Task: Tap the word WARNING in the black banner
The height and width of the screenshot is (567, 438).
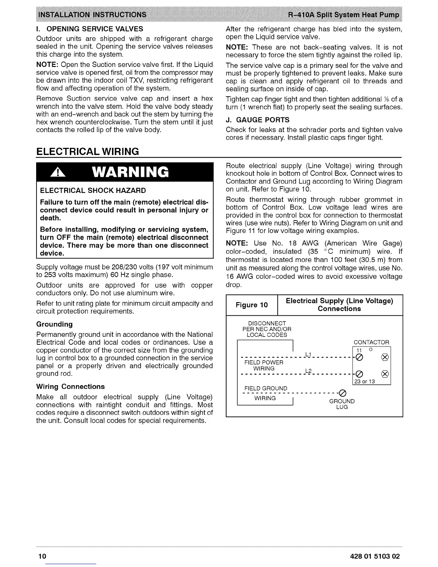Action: (129, 173)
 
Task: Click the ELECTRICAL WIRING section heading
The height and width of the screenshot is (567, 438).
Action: (87, 151)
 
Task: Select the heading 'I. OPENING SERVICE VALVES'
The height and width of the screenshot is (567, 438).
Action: (89, 29)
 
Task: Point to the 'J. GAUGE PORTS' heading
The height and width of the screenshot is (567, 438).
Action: (258, 120)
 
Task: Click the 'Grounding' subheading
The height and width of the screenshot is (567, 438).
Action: (54, 324)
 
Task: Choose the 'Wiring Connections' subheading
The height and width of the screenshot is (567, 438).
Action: (70, 387)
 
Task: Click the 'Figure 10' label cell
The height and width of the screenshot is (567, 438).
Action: (252, 305)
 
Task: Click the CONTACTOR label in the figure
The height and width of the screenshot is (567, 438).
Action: (371, 342)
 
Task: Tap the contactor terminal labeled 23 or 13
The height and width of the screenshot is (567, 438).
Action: (359, 374)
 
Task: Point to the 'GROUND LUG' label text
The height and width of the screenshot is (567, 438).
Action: (342, 404)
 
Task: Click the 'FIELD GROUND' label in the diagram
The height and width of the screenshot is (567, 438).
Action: (266, 388)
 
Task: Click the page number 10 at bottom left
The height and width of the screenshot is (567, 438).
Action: (42, 556)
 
